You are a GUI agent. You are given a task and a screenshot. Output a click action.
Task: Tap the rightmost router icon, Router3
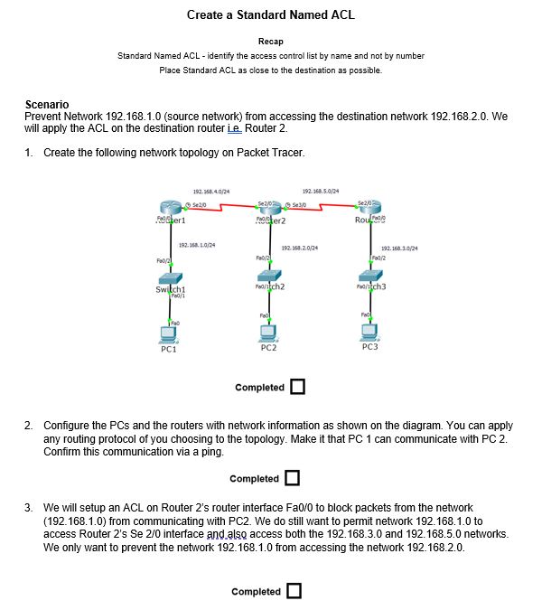coord(370,210)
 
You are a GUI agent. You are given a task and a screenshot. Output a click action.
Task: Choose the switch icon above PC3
coord(370,277)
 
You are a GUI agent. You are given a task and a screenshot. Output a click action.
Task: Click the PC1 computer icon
coord(168,333)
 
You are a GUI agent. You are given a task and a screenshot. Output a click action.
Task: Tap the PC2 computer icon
coord(268,332)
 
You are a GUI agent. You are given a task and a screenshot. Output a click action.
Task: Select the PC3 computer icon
coord(369,332)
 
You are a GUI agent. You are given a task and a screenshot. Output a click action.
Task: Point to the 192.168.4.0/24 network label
coord(211,192)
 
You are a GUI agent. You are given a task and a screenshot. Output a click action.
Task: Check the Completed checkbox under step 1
coord(297,388)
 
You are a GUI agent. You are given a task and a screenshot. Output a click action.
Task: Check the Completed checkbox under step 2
coord(293,478)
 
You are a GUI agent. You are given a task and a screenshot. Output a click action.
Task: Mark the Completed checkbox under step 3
coord(294,592)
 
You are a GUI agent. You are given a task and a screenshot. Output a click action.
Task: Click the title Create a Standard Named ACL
coord(270,14)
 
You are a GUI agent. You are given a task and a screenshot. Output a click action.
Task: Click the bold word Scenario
coord(47,105)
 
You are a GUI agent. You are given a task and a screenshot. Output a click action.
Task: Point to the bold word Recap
coord(270,42)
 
